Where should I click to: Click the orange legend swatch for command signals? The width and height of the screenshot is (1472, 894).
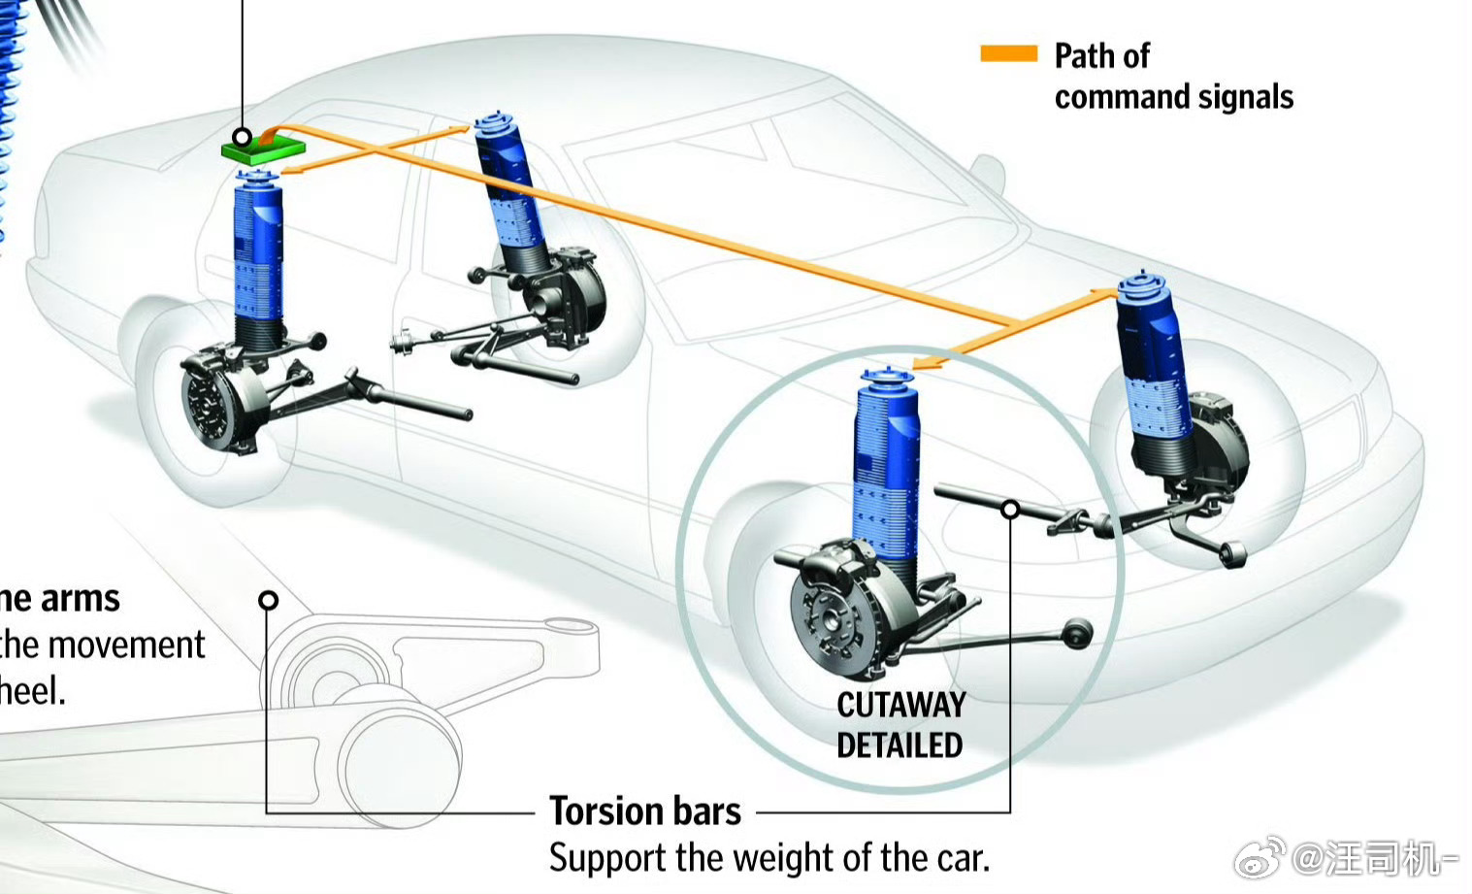pos(1008,54)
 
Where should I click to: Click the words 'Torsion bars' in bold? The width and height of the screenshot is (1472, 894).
pos(644,811)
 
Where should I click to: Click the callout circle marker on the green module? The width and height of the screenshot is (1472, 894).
pos(242,137)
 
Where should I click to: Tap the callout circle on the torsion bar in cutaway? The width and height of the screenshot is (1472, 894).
pos(1010,509)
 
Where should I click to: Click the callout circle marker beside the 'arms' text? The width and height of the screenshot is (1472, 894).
pos(269,600)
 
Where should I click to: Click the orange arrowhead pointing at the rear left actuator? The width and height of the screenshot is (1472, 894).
pos(290,172)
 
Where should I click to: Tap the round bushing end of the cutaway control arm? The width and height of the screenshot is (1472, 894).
pos(1077,634)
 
